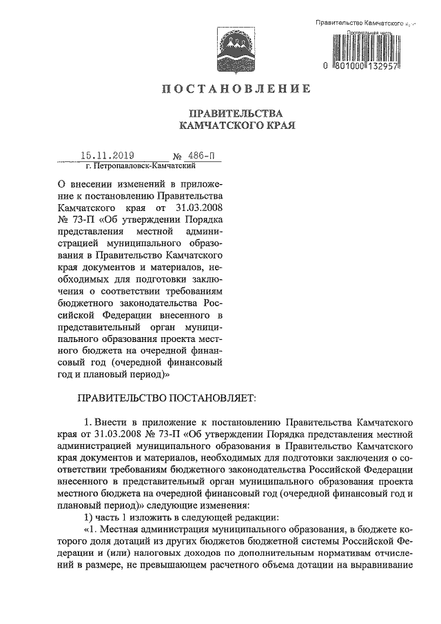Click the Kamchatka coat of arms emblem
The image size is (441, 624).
229,46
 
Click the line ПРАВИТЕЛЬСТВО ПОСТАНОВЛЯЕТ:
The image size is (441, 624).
165,398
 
